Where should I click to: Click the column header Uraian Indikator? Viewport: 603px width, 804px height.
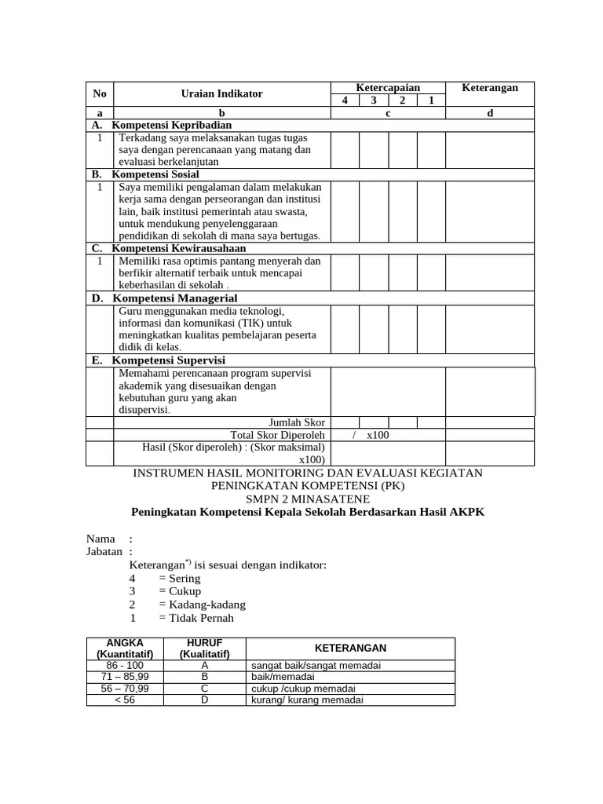click(x=221, y=93)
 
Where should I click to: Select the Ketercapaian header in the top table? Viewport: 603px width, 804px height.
click(x=388, y=87)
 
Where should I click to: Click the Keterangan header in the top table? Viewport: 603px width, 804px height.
click(x=490, y=87)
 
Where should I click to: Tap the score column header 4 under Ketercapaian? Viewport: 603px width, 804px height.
click(x=345, y=100)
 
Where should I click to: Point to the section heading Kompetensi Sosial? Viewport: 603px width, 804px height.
click(x=155, y=174)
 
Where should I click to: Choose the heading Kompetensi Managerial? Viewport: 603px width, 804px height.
click(x=174, y=298)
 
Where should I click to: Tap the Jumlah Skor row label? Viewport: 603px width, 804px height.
click(x=297, y=422)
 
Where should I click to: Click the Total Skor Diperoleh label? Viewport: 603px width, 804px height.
click(x=277, y=435)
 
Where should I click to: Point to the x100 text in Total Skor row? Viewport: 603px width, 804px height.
click(x=378, y=435)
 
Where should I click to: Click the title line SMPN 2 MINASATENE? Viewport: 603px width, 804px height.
click(x=307, y=499)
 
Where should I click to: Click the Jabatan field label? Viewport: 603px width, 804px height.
click(x=104, y=552)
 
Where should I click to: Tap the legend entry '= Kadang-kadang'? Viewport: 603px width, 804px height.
click(x=202, y=605)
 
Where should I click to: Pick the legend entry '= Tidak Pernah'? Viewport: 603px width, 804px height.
click(x=196, y=618)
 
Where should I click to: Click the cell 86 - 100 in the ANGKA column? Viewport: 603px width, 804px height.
click(x=125, y=665)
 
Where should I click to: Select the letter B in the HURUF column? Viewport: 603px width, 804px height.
click(x=204, y=677)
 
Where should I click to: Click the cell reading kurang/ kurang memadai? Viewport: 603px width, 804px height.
click(x=307, y=700)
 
